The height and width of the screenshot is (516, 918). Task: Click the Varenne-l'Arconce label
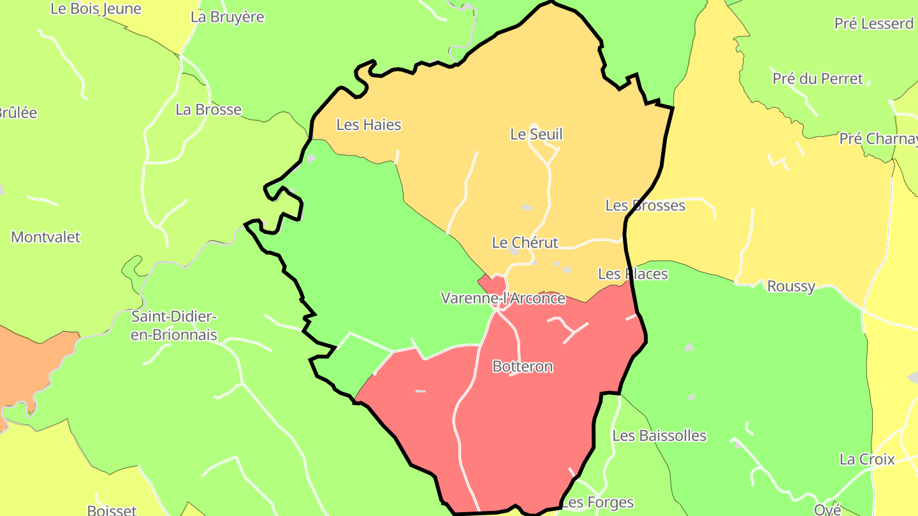503,298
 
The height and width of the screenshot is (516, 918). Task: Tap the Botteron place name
522,366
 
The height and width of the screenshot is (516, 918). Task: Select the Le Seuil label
536,134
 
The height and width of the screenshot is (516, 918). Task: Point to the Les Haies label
368,125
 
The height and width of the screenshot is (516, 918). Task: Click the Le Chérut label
525,243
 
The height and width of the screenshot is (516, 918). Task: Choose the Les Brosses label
645,206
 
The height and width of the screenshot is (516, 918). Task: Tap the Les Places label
632,274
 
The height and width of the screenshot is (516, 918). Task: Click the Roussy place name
790,287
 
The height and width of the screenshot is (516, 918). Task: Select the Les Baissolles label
659,436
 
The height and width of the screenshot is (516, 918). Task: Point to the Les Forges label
598,503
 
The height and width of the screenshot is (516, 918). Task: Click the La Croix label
867,459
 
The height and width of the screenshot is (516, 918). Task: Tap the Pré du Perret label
817,79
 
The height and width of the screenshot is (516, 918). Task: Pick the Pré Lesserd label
874,24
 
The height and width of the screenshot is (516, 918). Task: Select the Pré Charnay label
878,139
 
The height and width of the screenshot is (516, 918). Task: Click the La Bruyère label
227,17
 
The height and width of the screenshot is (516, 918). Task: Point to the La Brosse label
208,110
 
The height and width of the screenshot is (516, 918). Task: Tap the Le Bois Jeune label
96,9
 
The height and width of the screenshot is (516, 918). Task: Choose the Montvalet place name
46,238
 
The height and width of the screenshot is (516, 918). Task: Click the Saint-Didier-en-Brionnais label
174,326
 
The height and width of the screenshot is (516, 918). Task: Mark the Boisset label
112,510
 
